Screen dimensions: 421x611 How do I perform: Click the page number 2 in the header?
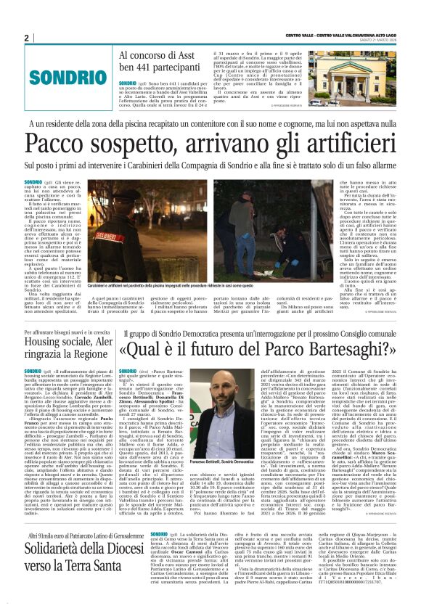[26, 38]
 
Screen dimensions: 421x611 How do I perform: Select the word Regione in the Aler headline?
[88, 359]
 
